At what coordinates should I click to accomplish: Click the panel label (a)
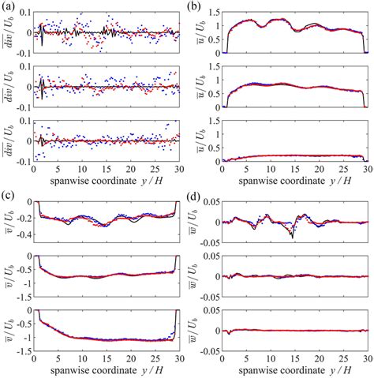pos(9,7)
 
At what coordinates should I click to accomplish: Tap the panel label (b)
pos(197,7)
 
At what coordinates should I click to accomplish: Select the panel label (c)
pos(9,192)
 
